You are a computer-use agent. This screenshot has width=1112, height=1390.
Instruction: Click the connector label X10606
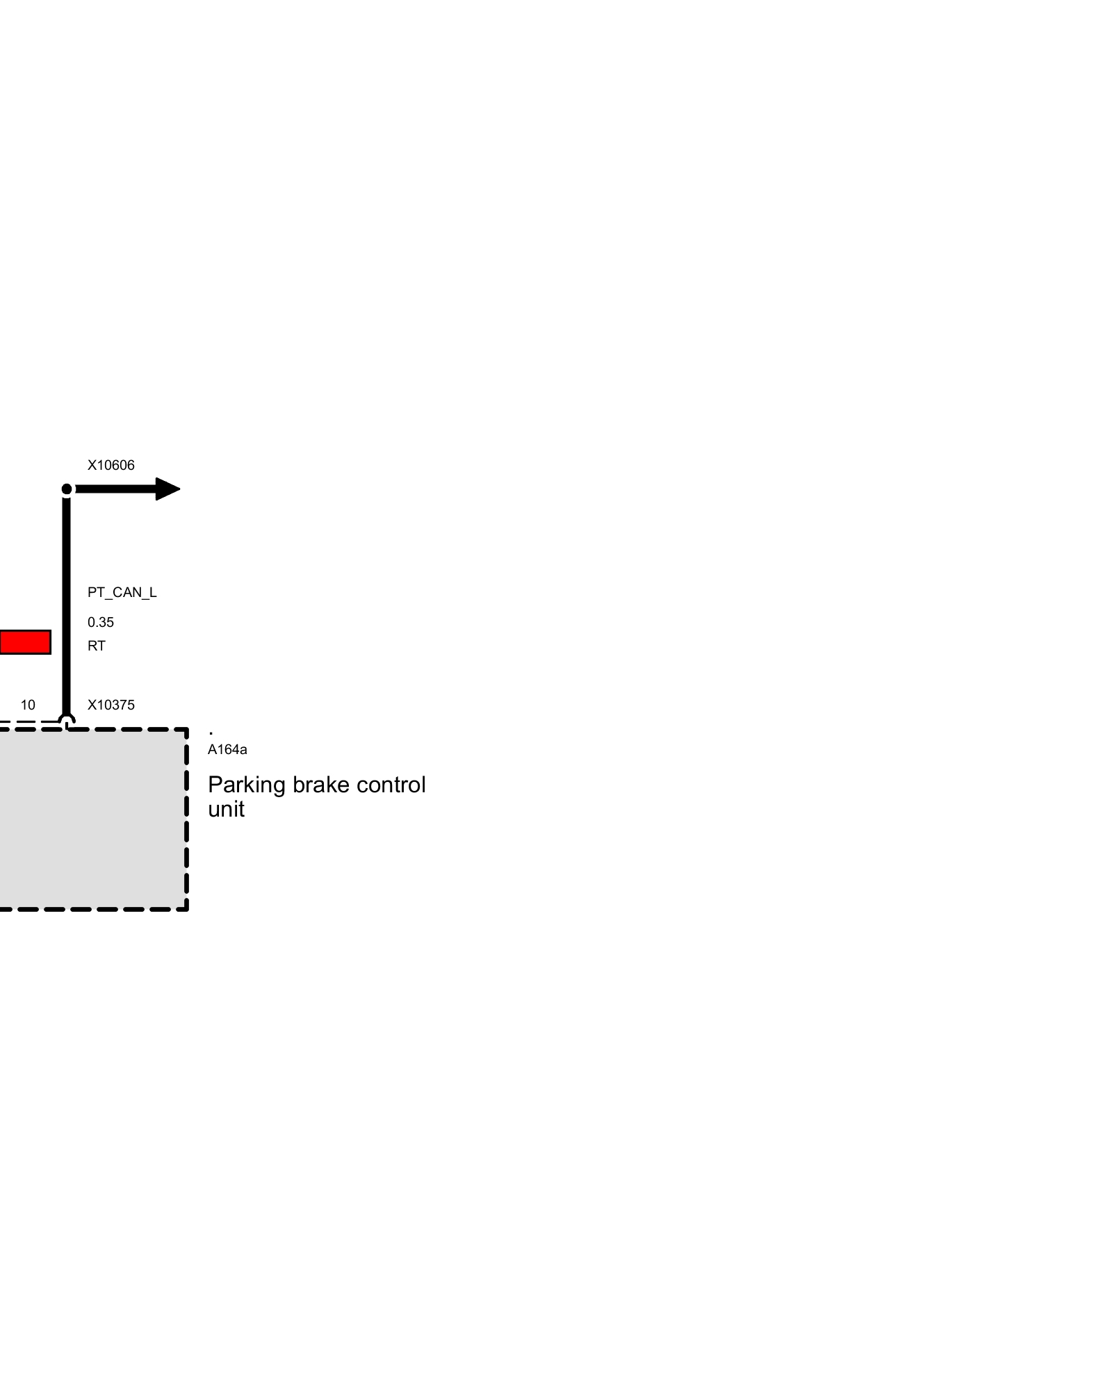click(x=111, y=465)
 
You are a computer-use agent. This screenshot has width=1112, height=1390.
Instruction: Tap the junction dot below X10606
click(x=67, y=489)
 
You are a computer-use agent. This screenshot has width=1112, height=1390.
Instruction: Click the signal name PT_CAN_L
click(x=122, y=592)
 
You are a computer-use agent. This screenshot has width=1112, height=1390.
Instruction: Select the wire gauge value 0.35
click(x=100, y=622)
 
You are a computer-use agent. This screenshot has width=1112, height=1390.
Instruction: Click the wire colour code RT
click(x=96, y=646)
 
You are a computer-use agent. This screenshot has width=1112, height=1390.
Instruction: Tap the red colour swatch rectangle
click(x=25, y=642)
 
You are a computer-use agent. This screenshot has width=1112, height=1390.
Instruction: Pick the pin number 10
click(x=28, y=705)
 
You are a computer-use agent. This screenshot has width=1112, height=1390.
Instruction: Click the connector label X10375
click(x=111, y=705)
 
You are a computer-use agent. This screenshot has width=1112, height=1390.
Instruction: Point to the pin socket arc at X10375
click(x=67, y=719)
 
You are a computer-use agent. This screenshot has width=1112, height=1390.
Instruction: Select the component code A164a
click(x=227, y=749)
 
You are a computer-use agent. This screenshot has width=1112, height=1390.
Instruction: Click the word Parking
click(x=247, y=785)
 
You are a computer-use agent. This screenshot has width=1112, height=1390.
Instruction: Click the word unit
click(x=226, y=810)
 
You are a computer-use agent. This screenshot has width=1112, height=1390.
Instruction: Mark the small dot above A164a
click(x=211, y=733)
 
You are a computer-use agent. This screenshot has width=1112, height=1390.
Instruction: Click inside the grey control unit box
click(x=90, y=820)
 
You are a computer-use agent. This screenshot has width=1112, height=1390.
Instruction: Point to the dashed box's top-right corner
click(x=186, y=730)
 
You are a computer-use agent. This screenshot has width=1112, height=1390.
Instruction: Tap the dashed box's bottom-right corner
click(x=186, y=908)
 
